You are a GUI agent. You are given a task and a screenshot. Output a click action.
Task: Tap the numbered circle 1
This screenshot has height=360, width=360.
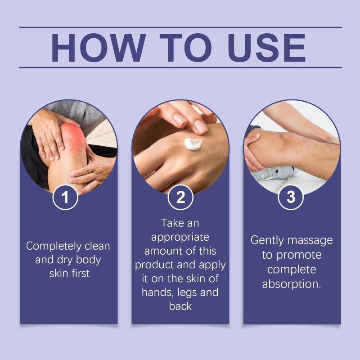(65, 197)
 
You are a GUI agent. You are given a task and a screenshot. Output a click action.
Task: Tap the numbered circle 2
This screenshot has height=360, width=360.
(180, 197)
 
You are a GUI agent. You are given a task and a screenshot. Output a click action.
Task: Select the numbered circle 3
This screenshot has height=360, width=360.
(291, 197)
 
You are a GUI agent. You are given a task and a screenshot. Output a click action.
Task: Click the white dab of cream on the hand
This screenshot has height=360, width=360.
(193, 144)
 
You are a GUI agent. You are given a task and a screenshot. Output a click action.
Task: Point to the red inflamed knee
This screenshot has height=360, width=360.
(73, 138)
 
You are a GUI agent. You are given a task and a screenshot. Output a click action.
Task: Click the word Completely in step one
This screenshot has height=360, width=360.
(54, 246)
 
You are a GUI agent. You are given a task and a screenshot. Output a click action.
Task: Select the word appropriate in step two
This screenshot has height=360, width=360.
(180, 238)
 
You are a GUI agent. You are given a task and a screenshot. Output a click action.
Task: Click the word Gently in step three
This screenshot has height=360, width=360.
(267, 241)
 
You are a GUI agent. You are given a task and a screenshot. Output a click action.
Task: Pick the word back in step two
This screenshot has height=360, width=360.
(180, 306)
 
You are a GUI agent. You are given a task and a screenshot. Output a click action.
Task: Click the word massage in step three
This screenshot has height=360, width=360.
(310, 241)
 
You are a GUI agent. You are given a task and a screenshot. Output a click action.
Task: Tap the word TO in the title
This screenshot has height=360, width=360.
(186, 48)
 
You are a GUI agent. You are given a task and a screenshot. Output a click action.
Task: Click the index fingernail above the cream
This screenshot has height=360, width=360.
(200, 127)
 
